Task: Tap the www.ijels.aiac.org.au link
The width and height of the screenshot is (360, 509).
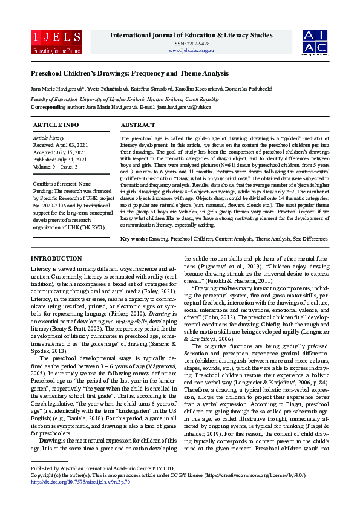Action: [191, 50]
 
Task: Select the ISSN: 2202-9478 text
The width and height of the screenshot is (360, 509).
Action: [191, 44]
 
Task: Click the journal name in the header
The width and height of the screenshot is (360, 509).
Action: [191, 36]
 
